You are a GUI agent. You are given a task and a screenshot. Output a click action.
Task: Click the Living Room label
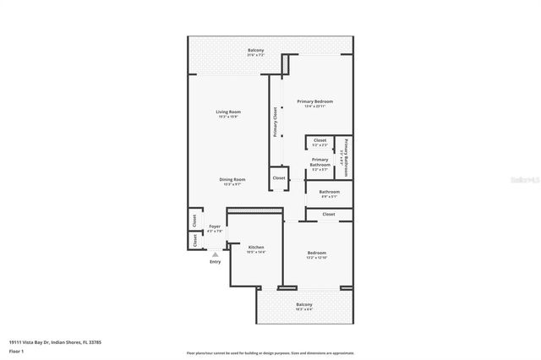point(228,112)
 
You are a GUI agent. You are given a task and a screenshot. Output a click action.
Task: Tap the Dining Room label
point(232,179)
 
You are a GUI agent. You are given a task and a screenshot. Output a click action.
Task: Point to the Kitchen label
point(255,248)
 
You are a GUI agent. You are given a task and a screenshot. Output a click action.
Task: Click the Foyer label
point(215,226)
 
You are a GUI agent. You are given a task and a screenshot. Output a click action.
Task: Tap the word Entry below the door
point(215,262)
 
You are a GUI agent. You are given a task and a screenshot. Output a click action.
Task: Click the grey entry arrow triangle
point(215,254)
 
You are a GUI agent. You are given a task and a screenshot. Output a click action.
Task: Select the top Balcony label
point(256,51)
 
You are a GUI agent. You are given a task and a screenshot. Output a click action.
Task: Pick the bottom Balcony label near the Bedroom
point(303,304)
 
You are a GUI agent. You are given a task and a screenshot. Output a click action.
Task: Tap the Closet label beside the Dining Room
point(278,178)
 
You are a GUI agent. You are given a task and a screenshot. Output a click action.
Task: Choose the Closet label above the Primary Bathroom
point(320,140)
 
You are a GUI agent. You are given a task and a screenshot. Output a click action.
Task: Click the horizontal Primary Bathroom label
point(320,161)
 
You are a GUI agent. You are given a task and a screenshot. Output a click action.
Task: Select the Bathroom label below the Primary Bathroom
point(329,192)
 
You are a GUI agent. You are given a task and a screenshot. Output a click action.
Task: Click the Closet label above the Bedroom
point(328,215)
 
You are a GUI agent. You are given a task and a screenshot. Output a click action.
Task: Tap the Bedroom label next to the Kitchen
point(316,254)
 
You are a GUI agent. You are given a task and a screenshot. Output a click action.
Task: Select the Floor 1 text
point(16,352)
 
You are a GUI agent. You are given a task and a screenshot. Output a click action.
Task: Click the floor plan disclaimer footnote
point(270,352)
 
